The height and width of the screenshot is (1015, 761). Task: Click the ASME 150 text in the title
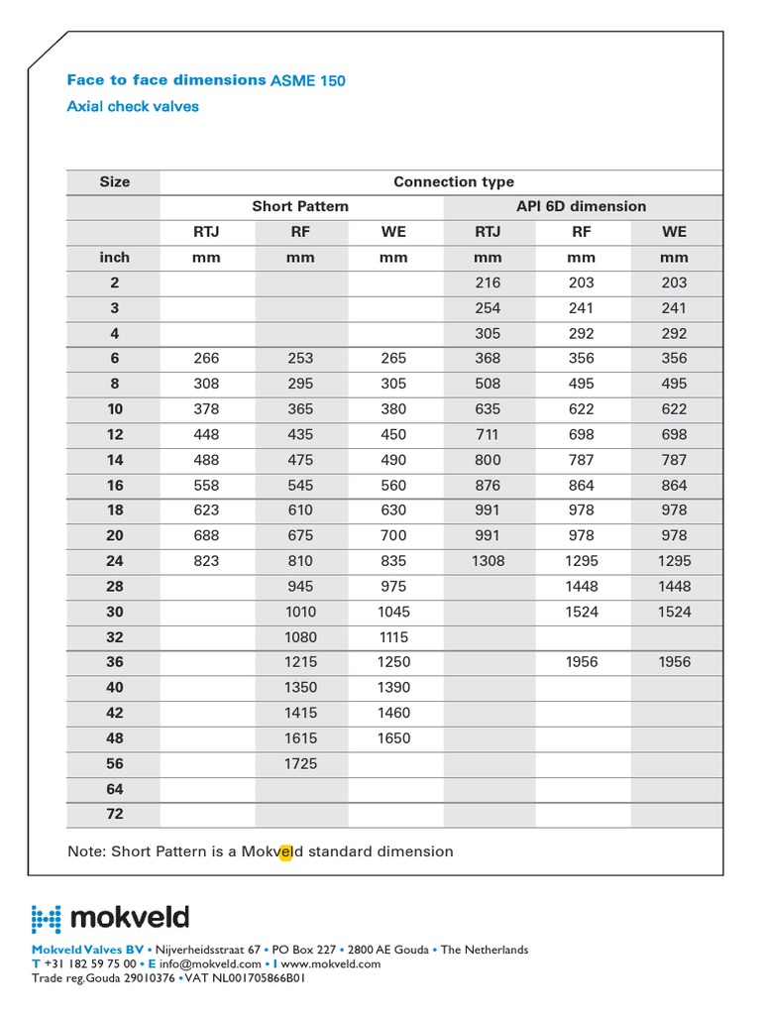click(x=308, y=81)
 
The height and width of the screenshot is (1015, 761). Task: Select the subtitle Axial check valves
click(x=133, y=106)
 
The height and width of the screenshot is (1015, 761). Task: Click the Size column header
click(x=114, y=181)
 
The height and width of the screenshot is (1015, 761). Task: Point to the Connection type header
click(x=454, y=181)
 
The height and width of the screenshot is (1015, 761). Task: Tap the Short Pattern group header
click(x=300, y=206)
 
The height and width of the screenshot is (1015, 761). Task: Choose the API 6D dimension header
click(x=582, y=206)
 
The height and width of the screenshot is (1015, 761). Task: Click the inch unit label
click(x=114, y=257)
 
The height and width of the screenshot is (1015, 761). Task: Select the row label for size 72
click(x=114, y=814)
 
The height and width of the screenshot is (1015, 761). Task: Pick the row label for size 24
click(x=114, y=560)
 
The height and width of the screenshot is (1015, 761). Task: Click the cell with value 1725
click(x=300, y=763)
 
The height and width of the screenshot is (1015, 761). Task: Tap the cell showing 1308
click(x=488, y=560)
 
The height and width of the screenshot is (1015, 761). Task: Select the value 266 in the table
click(x=206, y=358)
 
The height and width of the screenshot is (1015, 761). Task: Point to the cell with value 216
click(x=488, y=282)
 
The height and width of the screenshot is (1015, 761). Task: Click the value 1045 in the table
click(x=393, y=612)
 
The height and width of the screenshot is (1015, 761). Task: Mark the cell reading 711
click(x=488, y=434)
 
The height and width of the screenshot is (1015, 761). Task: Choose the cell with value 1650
click(x=393, y=738)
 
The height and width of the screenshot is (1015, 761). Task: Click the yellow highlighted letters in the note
click(x=285, y=851)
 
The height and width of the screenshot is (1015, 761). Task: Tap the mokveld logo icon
click(x=47, y=919)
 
